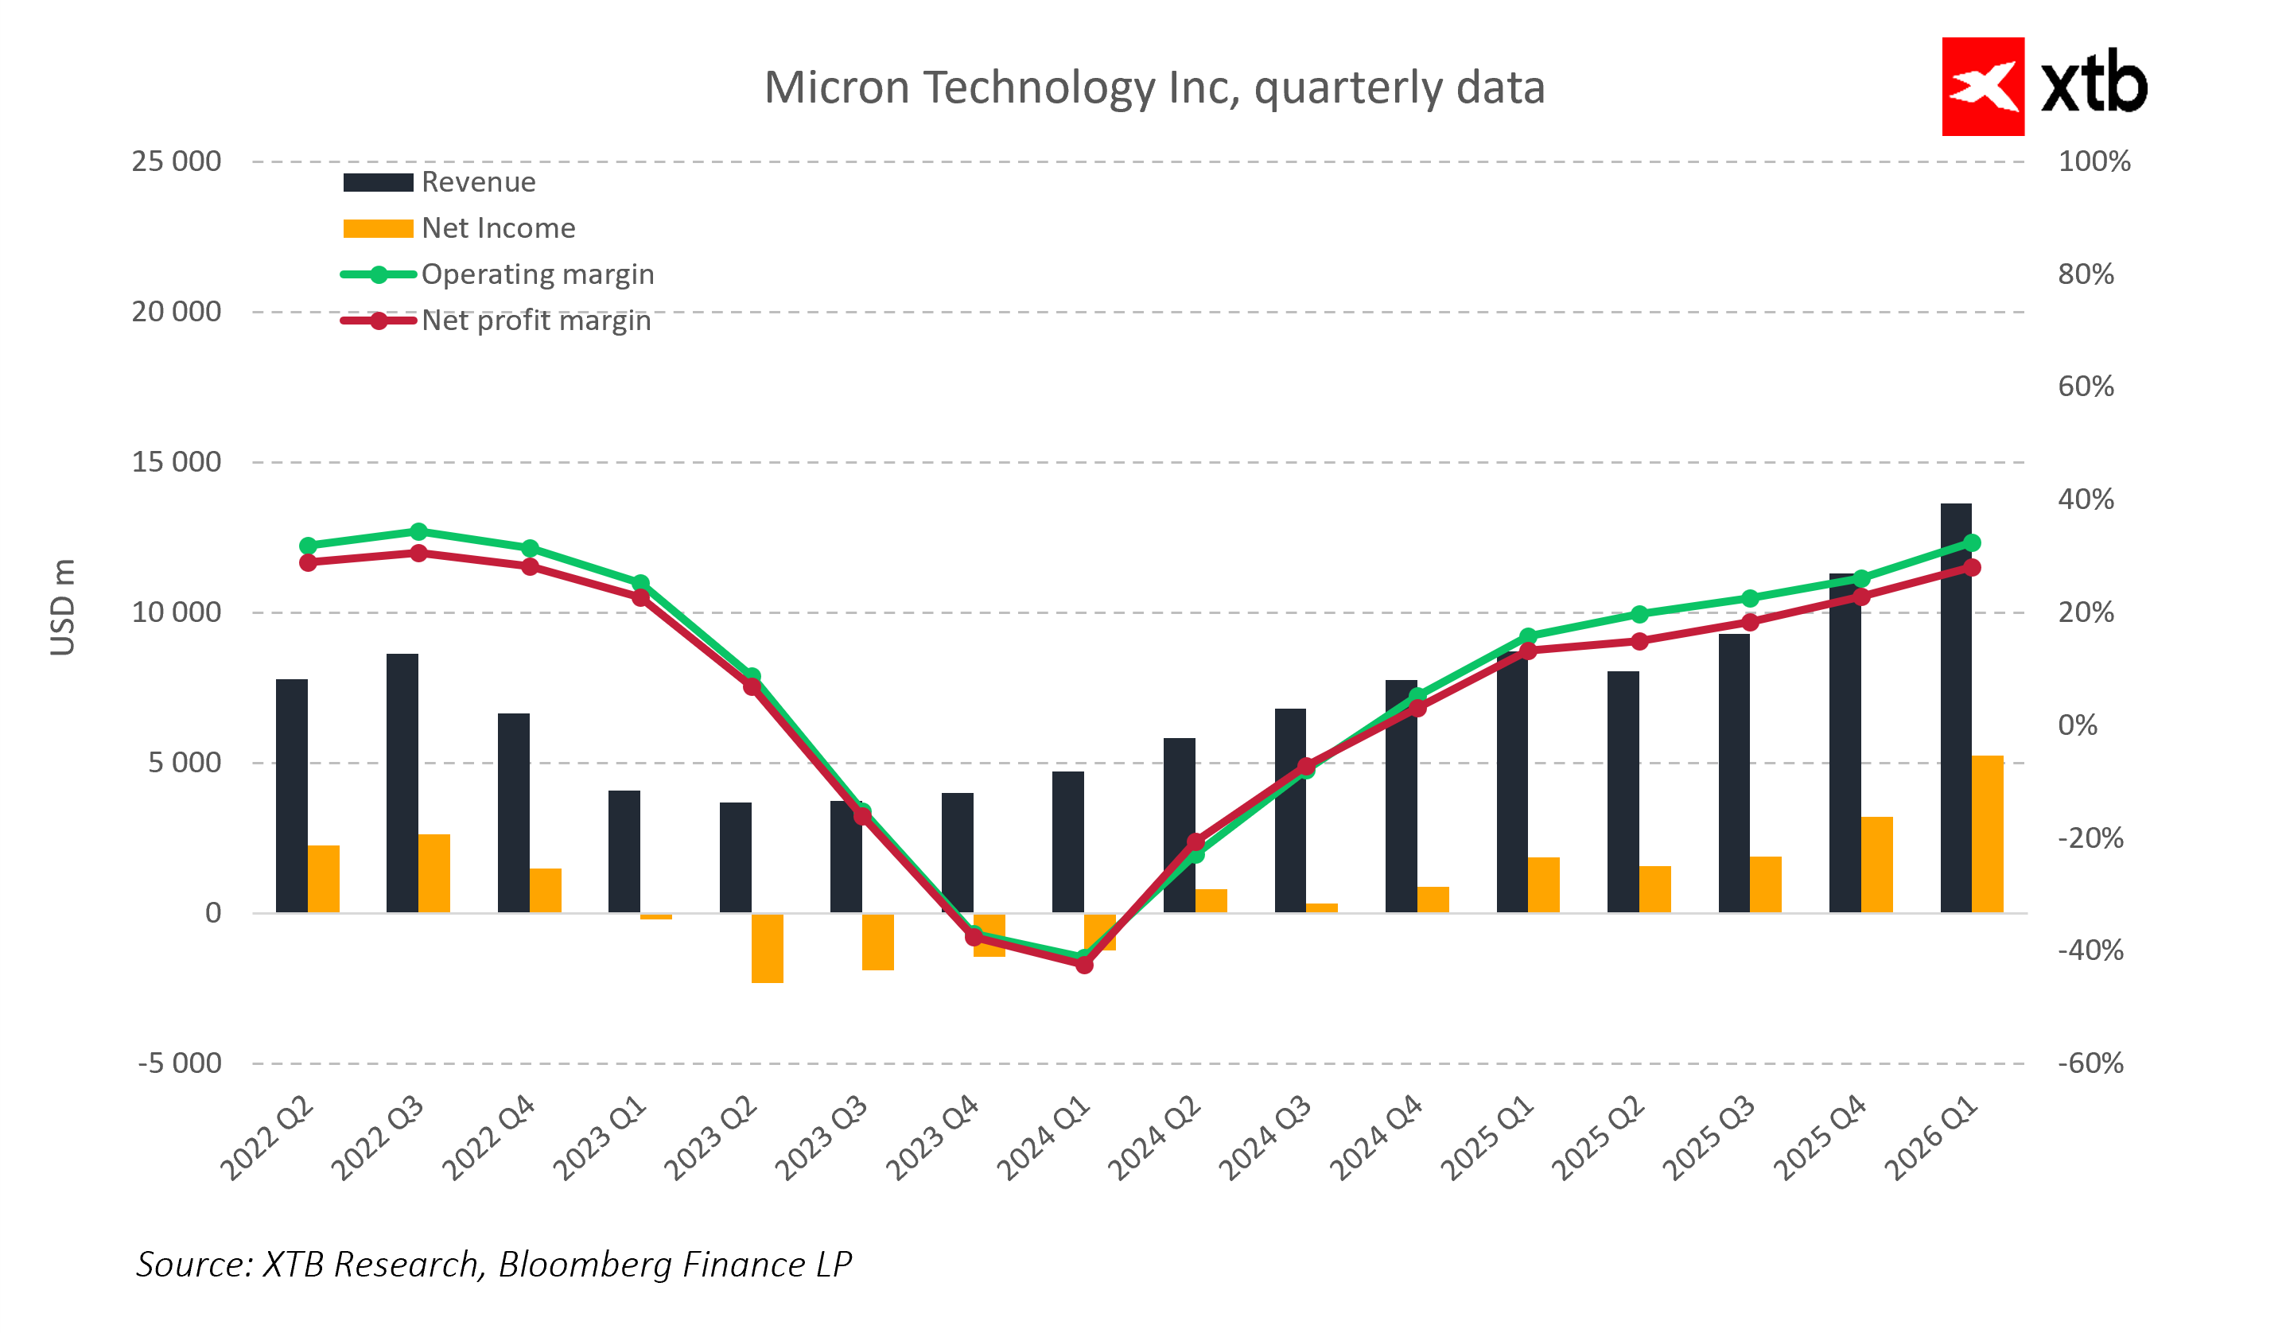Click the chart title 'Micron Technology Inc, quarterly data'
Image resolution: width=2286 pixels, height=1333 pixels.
[x=1154, y=88]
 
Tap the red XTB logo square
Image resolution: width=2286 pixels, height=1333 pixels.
[x=1982, y=87]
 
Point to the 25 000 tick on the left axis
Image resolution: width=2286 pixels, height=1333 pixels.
[x=176, y=161]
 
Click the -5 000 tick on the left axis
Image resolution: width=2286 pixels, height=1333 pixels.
[x=180, y=1063]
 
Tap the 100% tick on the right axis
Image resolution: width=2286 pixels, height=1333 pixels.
[x=2094, y=161]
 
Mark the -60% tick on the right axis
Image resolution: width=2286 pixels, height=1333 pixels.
[x=2090, y=1063]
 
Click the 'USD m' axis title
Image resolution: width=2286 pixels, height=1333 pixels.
[x=63, y=608]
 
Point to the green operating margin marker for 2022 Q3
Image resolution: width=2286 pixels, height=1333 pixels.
[x=418, y=531]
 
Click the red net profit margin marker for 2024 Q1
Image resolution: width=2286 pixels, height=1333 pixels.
[x=1084, y=965]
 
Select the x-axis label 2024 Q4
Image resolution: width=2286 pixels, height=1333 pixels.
[x=1375, y=1138]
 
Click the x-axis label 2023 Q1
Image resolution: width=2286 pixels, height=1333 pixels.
[x=599, y=1138]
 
